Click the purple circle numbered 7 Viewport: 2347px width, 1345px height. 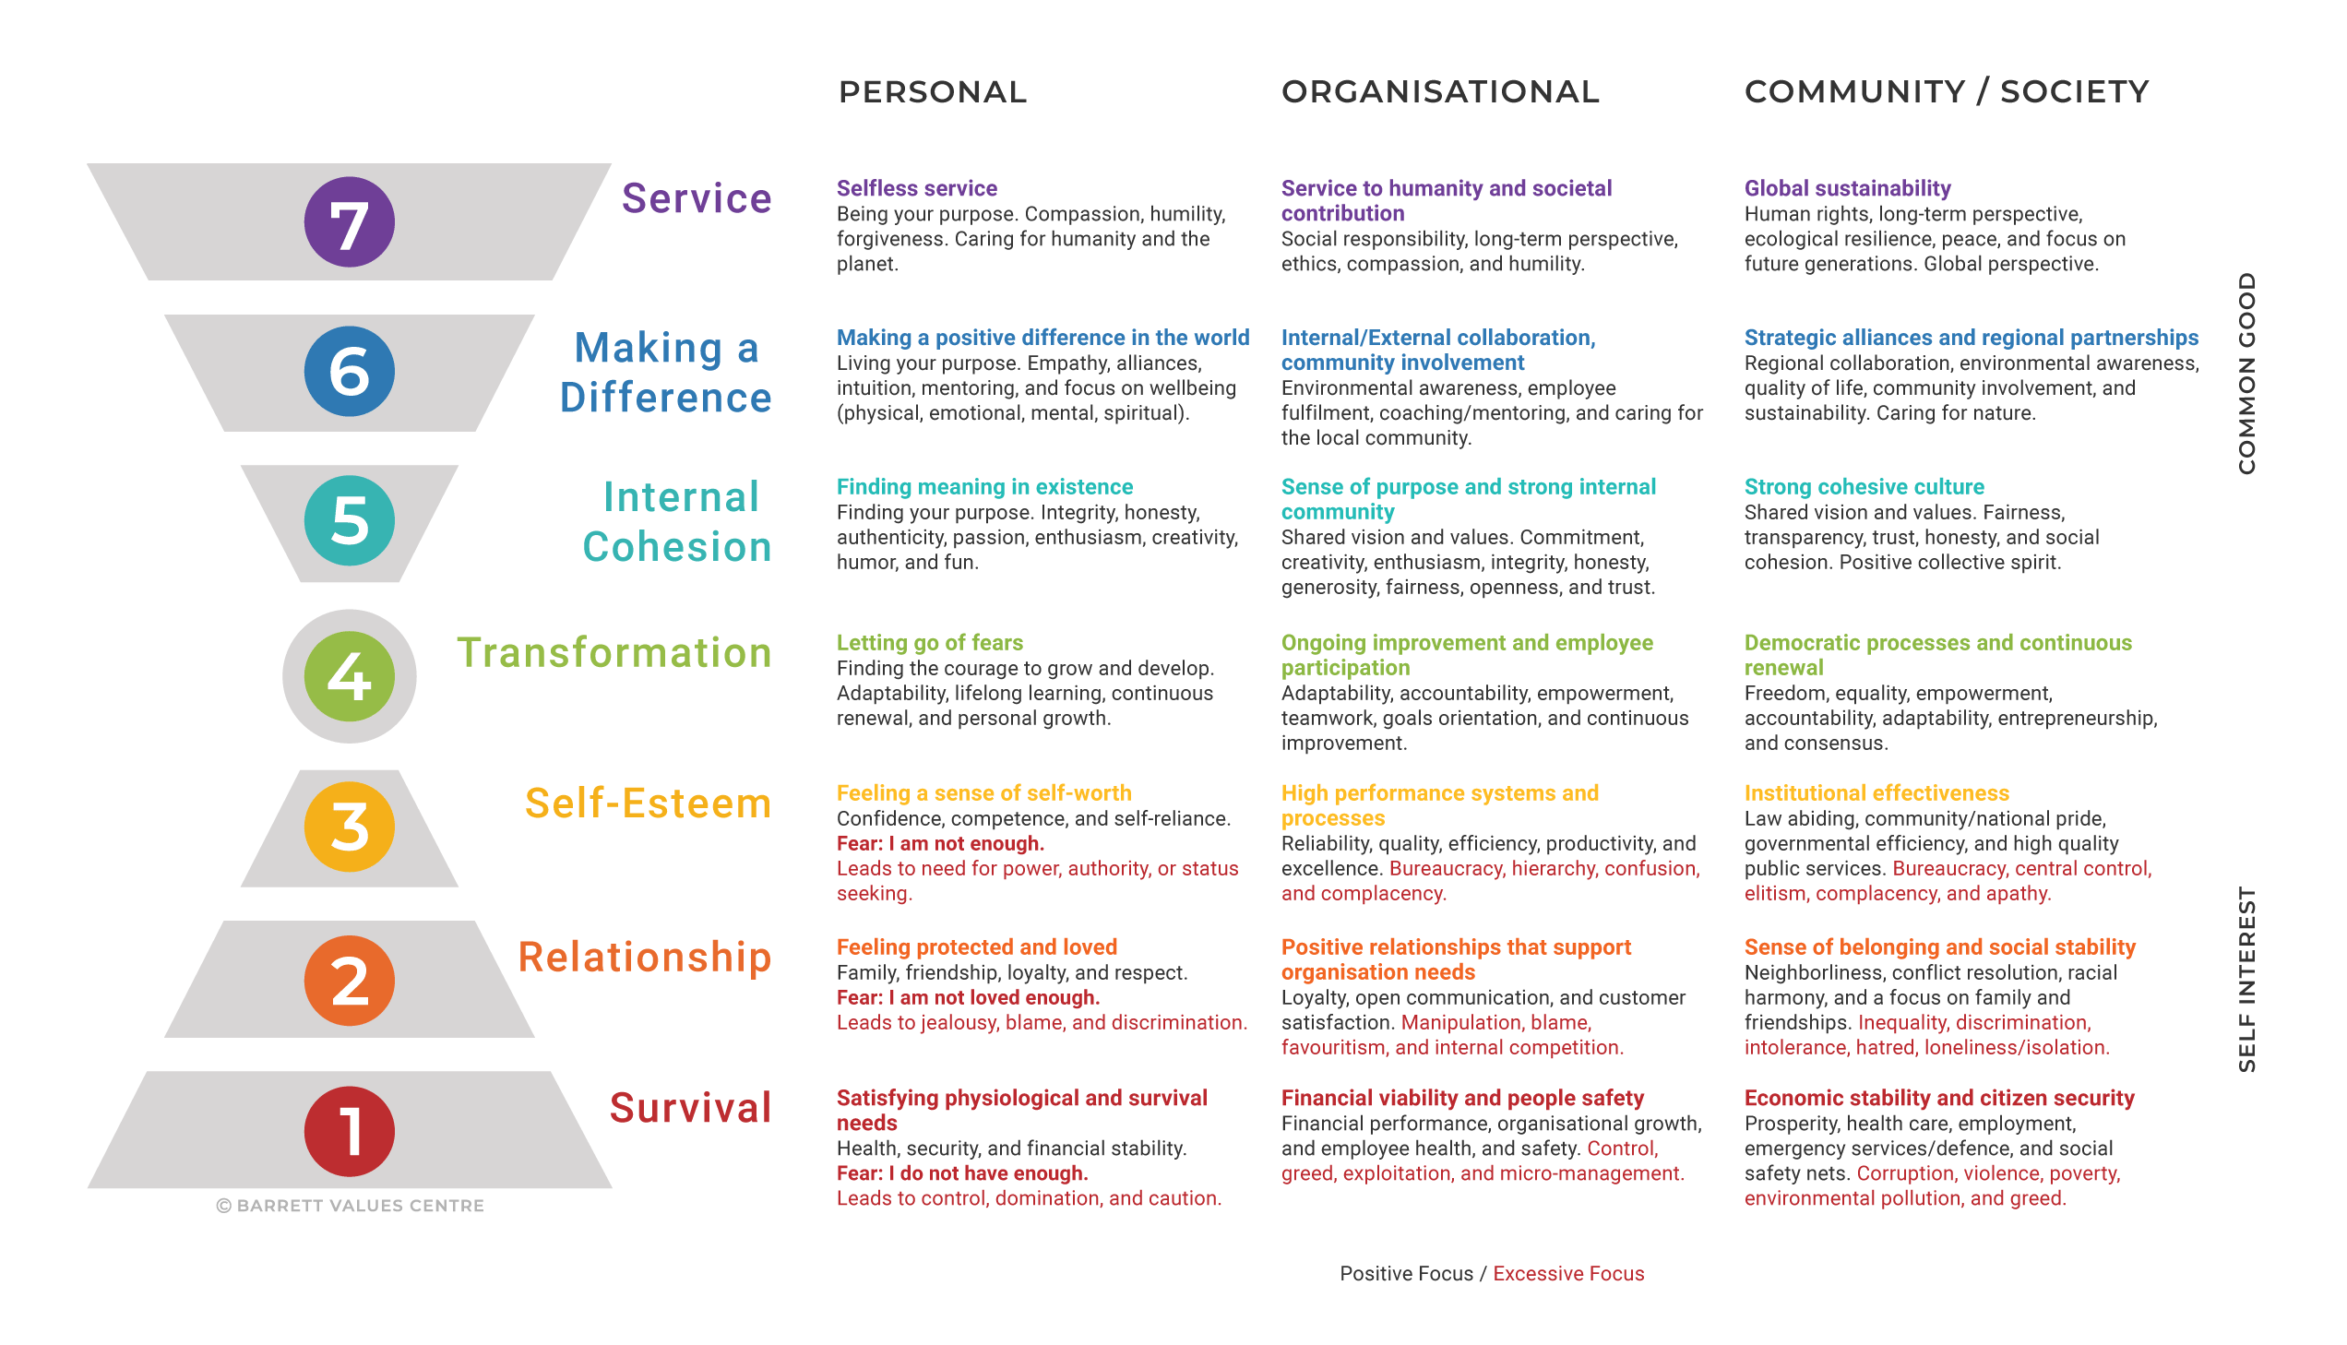[349, 222]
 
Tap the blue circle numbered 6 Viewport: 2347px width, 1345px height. [349, 372]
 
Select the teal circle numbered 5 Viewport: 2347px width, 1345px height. [349, 520]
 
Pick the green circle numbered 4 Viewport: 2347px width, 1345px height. [349, 676]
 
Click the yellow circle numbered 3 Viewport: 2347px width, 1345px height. [349, 827]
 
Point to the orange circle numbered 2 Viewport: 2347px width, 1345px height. [349, 980]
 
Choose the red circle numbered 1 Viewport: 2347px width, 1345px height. [349, 1132]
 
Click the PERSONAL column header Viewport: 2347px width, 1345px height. [932, 91]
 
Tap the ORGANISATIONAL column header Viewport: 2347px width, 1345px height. [1440, 91]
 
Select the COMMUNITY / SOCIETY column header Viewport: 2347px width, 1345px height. [1946, 91]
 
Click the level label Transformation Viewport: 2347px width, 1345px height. [614, 652]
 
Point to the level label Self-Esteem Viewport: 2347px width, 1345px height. [648, 803]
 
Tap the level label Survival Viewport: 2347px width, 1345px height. [691, 1108]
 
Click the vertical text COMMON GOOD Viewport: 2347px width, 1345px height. [2246, 374]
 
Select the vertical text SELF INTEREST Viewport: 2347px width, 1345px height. [2246, 979]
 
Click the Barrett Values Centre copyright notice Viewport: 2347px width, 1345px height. [349, 1206]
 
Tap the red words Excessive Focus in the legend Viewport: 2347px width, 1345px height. [1568, 1274]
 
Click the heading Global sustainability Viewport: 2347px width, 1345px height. [1847, 188]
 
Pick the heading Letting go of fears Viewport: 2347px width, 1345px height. [929, 642]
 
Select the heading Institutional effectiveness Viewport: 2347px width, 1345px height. [1876, 792]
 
